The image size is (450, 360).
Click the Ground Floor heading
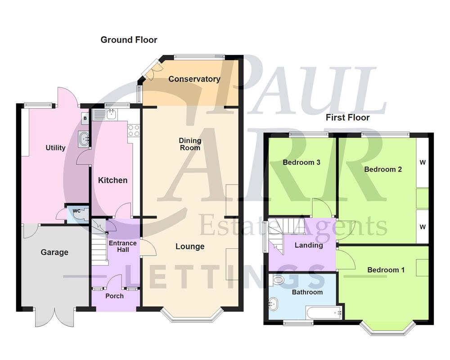(129, 40)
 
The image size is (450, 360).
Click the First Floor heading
(348, 117)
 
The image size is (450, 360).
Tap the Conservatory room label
(194, 79)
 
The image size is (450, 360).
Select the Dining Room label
(190, 144)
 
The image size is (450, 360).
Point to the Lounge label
(190, 246)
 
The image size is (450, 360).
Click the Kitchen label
(112, 180)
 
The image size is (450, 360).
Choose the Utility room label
(55, 148)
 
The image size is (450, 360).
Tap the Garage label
(54, 252)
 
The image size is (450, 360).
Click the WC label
(76, 211)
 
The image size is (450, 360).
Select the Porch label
(114, 296)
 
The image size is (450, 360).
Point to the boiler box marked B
(85, 119)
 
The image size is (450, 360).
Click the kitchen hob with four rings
(134, 130)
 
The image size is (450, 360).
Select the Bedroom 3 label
(301, 162)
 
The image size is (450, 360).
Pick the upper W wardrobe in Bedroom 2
(423, 162)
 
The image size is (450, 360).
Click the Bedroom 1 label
(386, 270)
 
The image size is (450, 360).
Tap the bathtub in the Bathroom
(324, 311)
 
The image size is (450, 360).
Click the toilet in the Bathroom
(279, 280)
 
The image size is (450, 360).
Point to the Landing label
(309, 245)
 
